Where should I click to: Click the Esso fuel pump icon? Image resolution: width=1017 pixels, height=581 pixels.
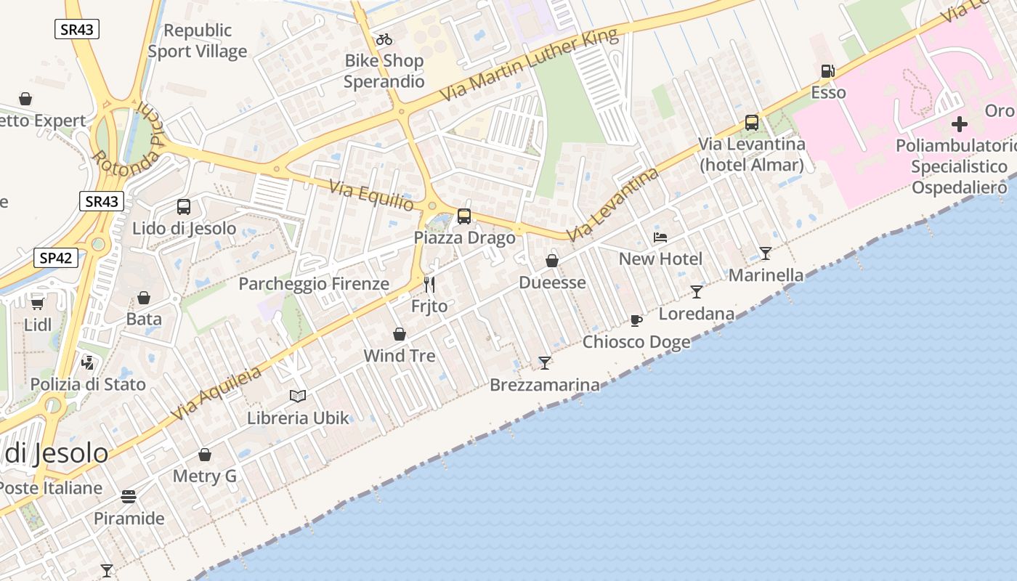point(827,71)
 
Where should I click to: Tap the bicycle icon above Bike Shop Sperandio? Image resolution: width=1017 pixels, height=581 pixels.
point(384,39)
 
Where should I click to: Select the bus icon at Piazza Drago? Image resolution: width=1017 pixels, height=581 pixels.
point(464,216)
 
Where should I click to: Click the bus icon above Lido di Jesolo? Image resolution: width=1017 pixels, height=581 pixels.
point(184,207)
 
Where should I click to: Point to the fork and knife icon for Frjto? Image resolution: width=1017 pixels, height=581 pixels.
point(429,284)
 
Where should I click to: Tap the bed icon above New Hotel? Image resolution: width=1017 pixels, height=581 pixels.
point(660,237)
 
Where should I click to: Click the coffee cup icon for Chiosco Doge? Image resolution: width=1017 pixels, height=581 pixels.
point(636,320)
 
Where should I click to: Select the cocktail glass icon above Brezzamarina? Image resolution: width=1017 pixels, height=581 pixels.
point(545,362)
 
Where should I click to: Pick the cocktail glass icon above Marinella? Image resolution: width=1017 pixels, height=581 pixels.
point(766,253)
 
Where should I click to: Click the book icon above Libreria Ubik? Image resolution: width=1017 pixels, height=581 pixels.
point(298,396)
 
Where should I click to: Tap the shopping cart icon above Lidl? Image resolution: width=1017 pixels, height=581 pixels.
point(38,303)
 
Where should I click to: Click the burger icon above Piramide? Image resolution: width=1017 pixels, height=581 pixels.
point(129,497)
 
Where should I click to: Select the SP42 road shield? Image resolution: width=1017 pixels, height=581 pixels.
point(56,257)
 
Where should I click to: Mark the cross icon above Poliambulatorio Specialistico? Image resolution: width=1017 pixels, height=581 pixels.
point(960,123)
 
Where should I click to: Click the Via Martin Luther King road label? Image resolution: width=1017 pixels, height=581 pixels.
point(530,65)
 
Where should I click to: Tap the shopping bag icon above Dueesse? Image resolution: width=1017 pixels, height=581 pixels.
point(552,261)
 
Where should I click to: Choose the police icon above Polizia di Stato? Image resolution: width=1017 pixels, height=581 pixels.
point(88,362)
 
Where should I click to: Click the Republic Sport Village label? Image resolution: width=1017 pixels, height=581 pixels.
point(198,41)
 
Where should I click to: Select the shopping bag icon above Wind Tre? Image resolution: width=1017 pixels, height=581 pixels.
point(400,334)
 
